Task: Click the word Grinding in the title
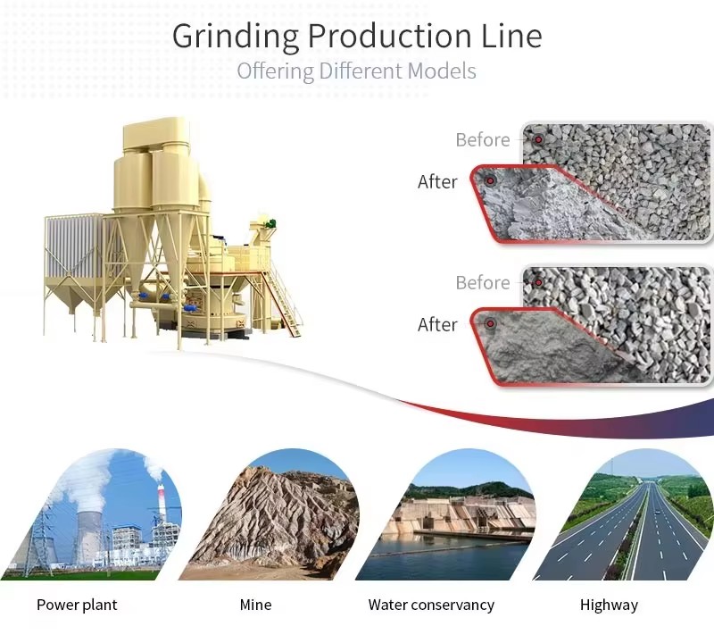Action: point(236,37)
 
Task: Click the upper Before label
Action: point(483,140)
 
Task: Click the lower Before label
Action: point(483,283)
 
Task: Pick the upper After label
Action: point(437,182)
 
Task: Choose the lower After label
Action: point(437,325)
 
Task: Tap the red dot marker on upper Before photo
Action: point(538,139)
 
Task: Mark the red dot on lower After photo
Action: point(490,323)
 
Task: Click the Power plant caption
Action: point(77,605)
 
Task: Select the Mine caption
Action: point(255,605)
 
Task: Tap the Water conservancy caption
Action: point(431,605)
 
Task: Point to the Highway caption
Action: point(609,605)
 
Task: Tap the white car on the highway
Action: point(657,513)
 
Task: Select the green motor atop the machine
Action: point(270,224)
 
